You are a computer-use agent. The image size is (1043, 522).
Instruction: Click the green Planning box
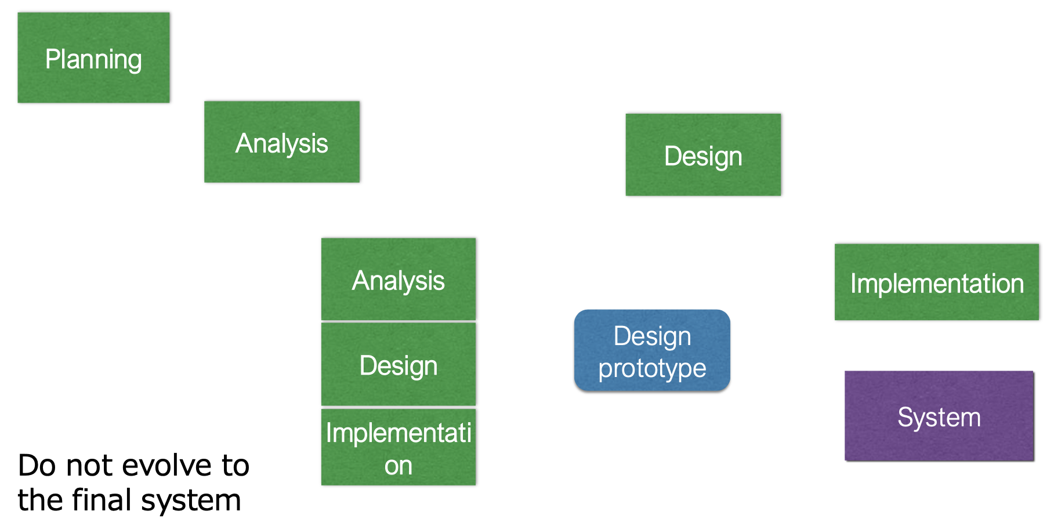93,57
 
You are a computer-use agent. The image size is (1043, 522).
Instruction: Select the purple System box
939,415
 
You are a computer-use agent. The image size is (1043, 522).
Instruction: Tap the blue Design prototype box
652,350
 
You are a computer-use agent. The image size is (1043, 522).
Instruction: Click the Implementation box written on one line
936,282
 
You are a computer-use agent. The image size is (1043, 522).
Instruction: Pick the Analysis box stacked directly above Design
398,279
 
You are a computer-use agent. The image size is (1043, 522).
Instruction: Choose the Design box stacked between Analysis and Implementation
398,364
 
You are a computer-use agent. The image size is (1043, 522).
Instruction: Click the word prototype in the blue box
652,369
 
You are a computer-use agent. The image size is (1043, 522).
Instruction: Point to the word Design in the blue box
652,336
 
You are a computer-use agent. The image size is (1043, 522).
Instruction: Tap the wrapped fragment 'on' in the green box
398,466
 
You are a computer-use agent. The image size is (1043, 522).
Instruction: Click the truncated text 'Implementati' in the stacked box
398,433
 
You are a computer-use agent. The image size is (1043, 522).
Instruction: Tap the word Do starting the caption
38,465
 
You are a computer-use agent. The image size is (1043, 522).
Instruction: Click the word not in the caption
89,465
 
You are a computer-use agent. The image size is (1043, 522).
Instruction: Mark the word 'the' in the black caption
39,500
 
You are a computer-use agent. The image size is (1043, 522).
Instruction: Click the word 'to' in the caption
235,465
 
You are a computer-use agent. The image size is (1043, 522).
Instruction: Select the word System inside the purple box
939,418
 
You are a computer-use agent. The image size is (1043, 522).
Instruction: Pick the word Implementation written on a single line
936,284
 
